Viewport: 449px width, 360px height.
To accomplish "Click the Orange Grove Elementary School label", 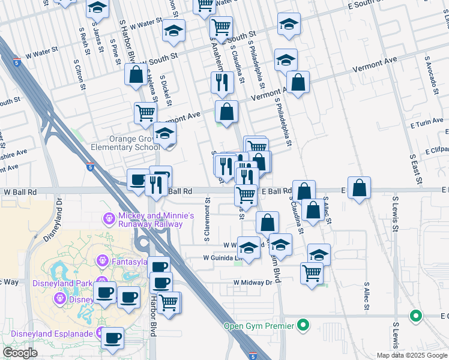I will point(125,143).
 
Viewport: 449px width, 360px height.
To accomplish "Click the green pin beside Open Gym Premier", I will point(304,326).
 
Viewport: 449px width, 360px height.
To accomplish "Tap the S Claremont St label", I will point(206,224).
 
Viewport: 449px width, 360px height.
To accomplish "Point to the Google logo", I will point(20,353).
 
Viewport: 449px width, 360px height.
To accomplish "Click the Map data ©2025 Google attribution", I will point(412,355).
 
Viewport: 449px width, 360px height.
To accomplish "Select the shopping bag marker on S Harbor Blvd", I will point(136,75).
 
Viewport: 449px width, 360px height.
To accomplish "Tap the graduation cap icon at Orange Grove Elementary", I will point(163,134).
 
